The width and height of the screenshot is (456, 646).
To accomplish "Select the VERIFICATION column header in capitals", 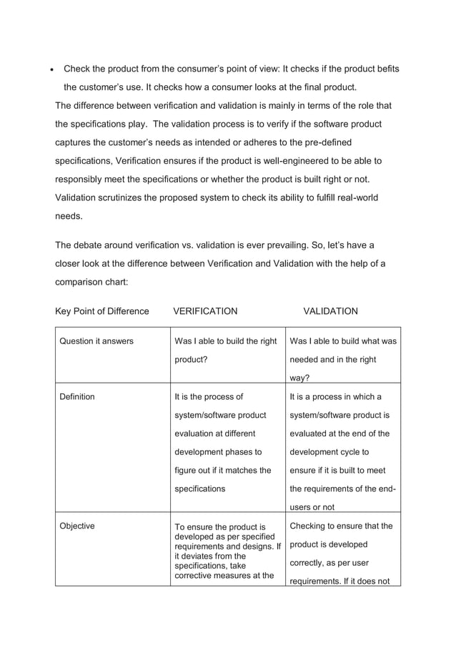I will click(205, 311).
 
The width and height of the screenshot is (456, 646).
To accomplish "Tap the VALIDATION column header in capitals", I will click(330, 311).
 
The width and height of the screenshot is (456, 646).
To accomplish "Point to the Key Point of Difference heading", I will click(102, 311).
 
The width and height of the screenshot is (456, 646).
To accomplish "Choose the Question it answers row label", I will click(96, 341).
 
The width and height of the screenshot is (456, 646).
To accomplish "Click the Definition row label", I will click(77, 396).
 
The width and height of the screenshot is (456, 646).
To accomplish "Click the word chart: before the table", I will click(116, 282).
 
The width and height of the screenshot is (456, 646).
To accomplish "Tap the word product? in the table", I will click(192, 360).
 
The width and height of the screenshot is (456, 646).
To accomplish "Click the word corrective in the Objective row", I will click(196, 575).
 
